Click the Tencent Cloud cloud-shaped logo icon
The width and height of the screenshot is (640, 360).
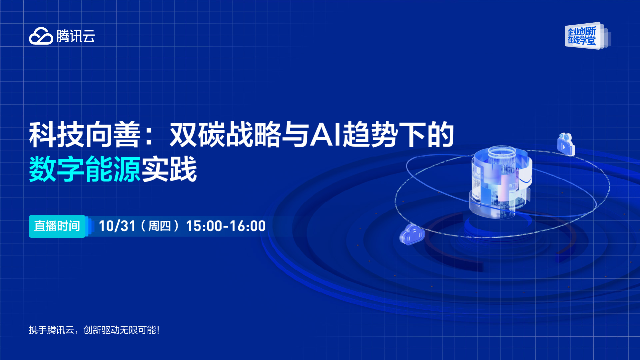point(41,36)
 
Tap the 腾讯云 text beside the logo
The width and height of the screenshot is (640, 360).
point(76,36)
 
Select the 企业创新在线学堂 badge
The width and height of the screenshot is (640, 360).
point(588,36)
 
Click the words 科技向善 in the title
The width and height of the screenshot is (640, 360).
point(85,135)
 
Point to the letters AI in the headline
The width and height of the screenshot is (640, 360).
point(326,135)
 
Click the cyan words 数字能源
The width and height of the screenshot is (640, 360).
point(85,169)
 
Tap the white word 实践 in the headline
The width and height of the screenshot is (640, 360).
point(170,169)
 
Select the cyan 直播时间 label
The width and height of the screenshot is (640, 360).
point(57,226)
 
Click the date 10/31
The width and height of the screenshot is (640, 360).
point(117,226)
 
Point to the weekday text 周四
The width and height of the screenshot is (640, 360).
point(160,226)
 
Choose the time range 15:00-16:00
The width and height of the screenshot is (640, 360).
point(226,226)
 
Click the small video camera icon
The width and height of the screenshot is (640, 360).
point(566,144)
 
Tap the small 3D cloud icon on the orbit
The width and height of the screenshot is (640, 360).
point(412,234)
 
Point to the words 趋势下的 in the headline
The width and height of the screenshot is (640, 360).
point(399,135)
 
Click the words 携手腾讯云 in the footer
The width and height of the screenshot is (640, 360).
point(52,330)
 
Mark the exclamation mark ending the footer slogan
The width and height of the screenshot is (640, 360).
point(158,330)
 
